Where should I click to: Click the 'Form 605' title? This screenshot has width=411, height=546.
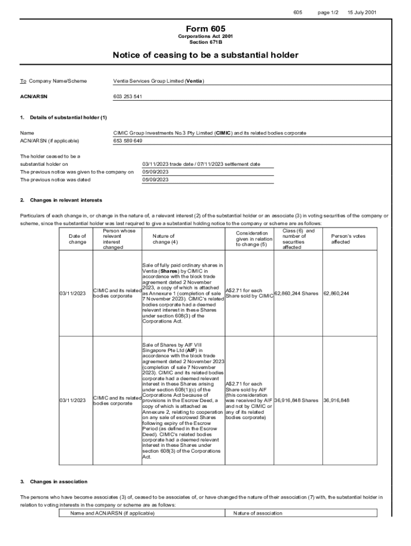coord(205,29)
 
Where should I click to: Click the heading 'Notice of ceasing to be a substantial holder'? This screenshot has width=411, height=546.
coord(205,55)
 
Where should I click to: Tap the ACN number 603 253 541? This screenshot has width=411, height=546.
coord(127,97)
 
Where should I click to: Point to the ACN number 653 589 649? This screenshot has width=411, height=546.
coord(128,141)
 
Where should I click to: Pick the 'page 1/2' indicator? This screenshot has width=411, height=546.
coord(328,12)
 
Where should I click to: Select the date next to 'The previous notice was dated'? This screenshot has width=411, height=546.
coord(155,180)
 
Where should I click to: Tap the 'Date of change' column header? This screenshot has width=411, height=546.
coord(77,239)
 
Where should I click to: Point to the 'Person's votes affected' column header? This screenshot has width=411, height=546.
coord(348,239)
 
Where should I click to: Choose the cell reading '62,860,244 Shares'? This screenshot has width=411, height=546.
coord(297,293)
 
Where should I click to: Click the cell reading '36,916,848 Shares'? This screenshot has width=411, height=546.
coord(297,400)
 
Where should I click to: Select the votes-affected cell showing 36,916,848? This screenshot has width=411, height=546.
coord(336,400)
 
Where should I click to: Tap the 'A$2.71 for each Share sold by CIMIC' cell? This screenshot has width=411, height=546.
coord(249,293)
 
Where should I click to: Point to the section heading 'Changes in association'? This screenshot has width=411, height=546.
coord(59,481)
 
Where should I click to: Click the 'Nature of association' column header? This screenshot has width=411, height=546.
coord(257,513)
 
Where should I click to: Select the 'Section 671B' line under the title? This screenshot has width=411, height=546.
coord(205,42)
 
